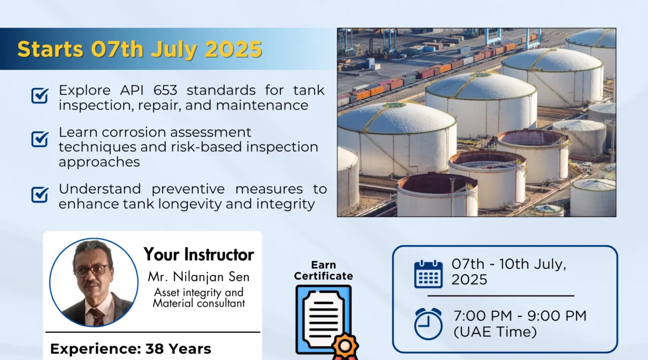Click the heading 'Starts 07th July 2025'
click(x=140, y=49)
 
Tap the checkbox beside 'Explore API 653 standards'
click(x=40, y=95)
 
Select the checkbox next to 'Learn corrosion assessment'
click(x=40, y=139)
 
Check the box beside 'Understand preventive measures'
click(x=40, y=194)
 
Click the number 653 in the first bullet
click(x=165, y=90)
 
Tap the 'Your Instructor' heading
click(x=198, y=255)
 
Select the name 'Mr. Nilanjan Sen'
click(x=199, y=276)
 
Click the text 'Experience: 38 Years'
click(x=131, y=349)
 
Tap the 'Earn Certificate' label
click(x=323, y=270)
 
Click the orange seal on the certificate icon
click(x=346, y=346)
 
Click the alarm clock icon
click(x=428, y=323)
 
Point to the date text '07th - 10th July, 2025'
click(x=509, y=271)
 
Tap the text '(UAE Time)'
click(x=495, y=332)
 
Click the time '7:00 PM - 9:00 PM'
click(x=520, y=316)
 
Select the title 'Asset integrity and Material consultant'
click(x=199, y=298)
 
